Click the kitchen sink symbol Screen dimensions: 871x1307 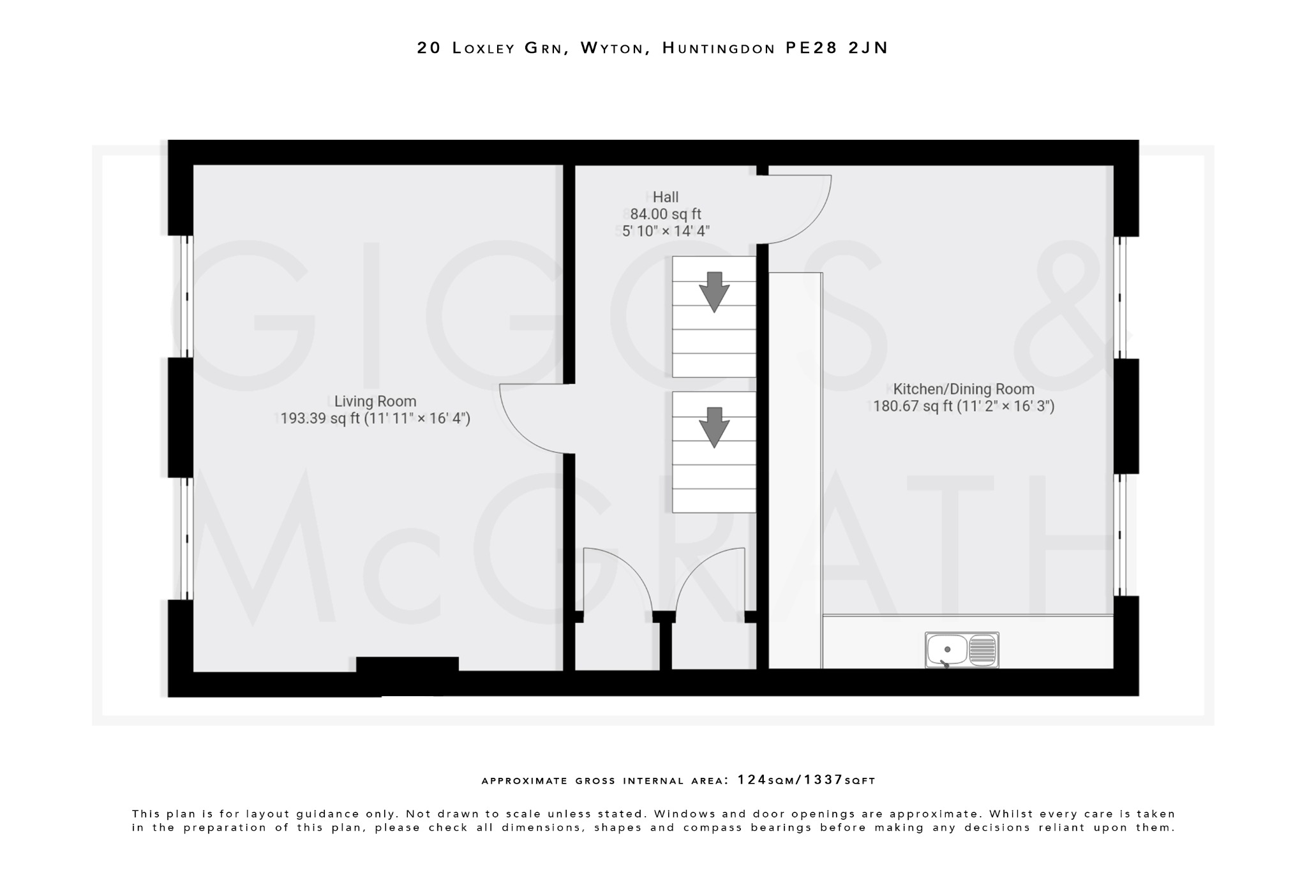(x=962, y=650)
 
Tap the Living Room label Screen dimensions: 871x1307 (x=375, y=401)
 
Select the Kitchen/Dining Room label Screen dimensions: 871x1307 (x=963, y=389)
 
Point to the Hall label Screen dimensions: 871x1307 (x=666, y=197)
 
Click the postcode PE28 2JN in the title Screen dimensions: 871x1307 (x=836, y=48)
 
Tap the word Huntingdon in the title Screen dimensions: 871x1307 (x=719, y=48)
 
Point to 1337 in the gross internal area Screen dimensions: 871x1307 (x=823, y=780)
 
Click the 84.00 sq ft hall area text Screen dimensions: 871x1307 (x=666, y=214)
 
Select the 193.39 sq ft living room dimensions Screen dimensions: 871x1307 (x=375, y=419)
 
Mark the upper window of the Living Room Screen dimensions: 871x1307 (x=186, y=296)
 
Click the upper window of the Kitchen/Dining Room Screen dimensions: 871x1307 (x=1121, y=297)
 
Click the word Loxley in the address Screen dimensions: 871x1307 (x=483, y=48)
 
